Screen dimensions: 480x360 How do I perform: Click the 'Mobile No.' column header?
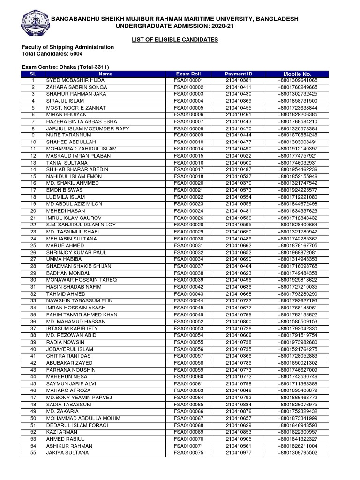(297, 74)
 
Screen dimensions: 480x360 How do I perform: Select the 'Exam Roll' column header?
(188, 74)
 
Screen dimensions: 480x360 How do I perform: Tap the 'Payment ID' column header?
(238, 74)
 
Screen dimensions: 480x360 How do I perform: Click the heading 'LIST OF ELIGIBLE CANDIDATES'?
(175, 40)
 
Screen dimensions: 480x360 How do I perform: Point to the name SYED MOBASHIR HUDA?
(69, 81)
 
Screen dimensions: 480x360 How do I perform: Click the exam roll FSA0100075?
(188, 453)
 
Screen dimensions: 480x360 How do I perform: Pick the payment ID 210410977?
(238, 453)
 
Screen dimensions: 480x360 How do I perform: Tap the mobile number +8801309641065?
(297, 81)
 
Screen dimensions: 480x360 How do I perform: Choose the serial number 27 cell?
(33, 259)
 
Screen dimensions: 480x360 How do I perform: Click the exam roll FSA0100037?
(188, 266)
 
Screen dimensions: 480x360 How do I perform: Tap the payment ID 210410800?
(238, 322)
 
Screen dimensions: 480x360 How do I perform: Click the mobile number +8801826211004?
(297, 446)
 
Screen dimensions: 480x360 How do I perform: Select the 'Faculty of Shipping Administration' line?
(67, 47)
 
